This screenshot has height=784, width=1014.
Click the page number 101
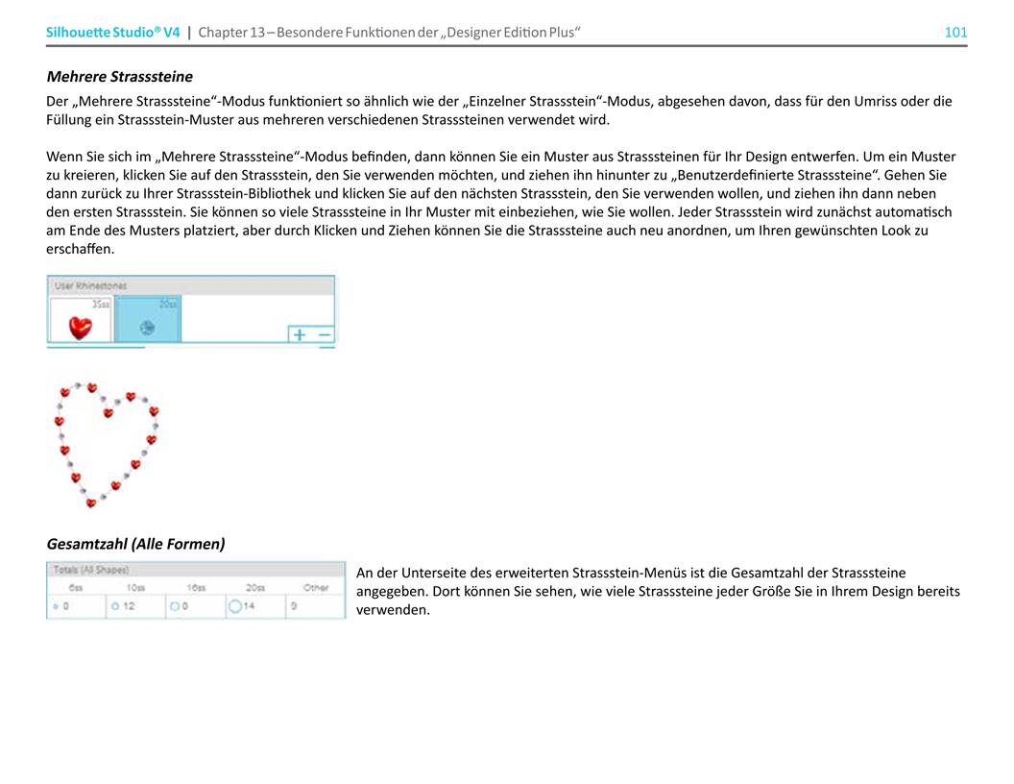[955, 33]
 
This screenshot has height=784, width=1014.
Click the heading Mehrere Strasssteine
[119, 76]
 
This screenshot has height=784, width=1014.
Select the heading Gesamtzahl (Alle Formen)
[135, 544]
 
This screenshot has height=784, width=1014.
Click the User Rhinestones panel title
[91, 285]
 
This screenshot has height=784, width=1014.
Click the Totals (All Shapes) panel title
[91, 571]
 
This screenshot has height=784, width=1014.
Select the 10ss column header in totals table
[135, 588]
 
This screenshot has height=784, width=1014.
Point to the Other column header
[316, 588]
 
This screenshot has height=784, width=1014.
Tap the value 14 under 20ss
[248, 607]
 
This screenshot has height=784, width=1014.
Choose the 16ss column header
[196, 588]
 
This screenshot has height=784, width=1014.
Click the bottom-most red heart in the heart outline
[91, 502]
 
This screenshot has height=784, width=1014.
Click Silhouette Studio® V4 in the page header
[112, 33]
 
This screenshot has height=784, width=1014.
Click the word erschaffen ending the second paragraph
[80, 249]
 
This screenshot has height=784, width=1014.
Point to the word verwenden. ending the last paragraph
[392, 610]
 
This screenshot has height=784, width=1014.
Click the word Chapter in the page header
[222, 33]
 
